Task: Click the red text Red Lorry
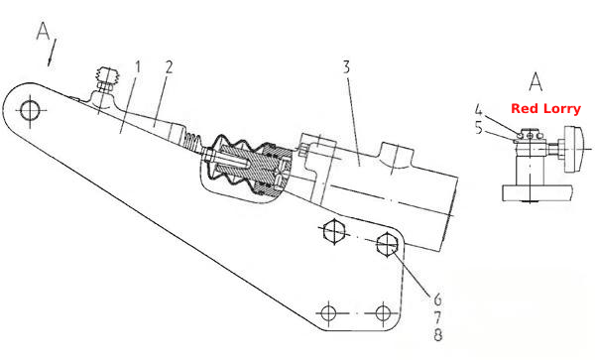click(545, 109)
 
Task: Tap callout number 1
click(138, 67)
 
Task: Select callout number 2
click(169, 67)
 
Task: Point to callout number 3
click(346, 67)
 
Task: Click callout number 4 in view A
click(479, 110)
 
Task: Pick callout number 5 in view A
click(479, 128)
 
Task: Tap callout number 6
click(438, 300)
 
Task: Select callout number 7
click(438, 317)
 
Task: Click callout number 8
click(438, 334)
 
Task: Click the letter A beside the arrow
click(43, 31)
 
